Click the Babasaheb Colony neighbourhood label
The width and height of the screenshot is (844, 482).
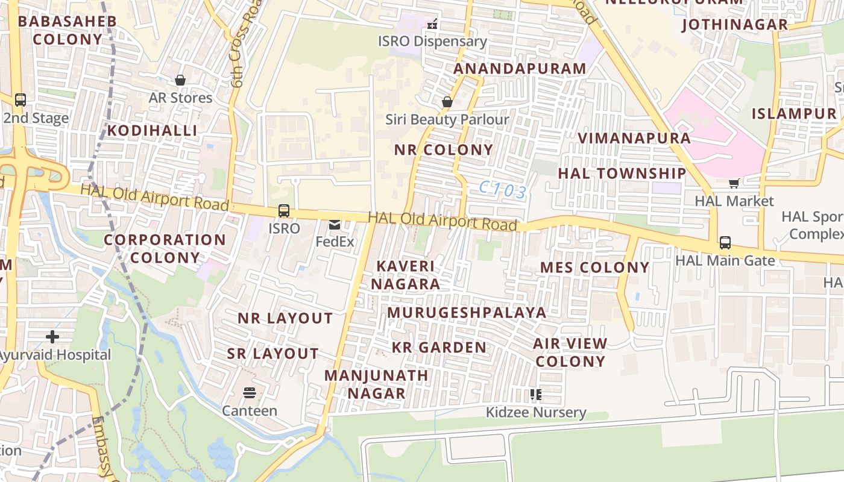pyautogui.click(x=68, y=30)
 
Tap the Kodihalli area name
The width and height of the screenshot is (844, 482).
pyautogui.click(x=152, y=131)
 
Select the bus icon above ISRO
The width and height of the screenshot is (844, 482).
pyautogui.click(x=283, y=211)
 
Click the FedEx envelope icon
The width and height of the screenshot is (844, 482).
pyautogui.click(x=335, y=225)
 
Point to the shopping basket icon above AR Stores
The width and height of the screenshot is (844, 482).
pyautogui.click(x=180, y=80)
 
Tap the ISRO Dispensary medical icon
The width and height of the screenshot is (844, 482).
pyautogui.click(x=432, y=25)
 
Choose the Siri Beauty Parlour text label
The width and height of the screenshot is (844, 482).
pyautogui.click(x=447, y=119)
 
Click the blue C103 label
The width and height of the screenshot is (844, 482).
pyautogui.click(x=503, y=191)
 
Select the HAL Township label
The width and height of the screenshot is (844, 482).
pyautogui.click(x=622, y=174)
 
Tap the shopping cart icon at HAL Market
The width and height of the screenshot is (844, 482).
pyautogui.click(x=734, y=183)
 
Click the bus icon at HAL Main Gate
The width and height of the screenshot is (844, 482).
pyautogui.click(x=725, y=243)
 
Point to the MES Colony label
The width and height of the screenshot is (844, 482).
pyautogui.click(x=594, y=268)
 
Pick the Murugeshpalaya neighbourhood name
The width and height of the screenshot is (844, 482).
pyautogui.click(x=467, y=313)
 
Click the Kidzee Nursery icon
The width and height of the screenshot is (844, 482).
pyautogui.click(x=535, y=395)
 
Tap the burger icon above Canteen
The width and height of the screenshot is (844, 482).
pyautogui.click(x=250, y=393)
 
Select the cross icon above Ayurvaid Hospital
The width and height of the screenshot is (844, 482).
pyautogui.click(x=52, y=336)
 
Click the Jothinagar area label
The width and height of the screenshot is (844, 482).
pyautogui.click(x=734, y=25)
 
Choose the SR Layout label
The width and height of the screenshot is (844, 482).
pyautogui.click(x=272, y=354)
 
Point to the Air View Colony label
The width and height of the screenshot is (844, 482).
pyautogui.click(x=570, y=352)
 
